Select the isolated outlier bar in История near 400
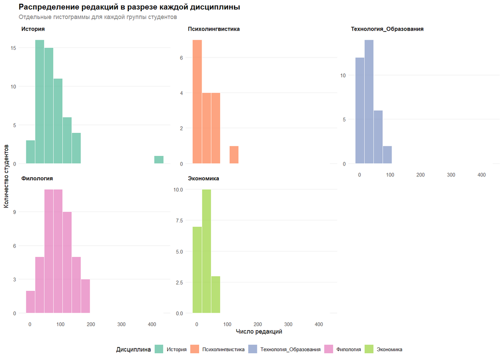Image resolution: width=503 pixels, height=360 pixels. point(159,160)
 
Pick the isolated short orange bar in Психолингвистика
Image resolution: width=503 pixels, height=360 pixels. point(234,155)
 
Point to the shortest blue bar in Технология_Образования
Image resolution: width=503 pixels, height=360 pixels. point(387,155)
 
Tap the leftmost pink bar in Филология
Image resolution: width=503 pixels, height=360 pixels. point(31,302)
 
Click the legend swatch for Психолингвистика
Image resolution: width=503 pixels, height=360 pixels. point(195,349)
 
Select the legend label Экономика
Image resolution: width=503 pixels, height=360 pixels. point(389,349)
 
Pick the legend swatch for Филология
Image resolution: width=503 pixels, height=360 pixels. point(329,349)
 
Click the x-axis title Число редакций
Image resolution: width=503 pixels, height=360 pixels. point(259,332)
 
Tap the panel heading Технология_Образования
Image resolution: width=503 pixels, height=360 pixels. point(387,29)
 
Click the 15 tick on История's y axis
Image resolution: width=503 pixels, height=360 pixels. point(14,48)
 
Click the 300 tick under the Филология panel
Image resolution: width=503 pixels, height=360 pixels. point(122,324)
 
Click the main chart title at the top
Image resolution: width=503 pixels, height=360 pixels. point(130,8)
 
